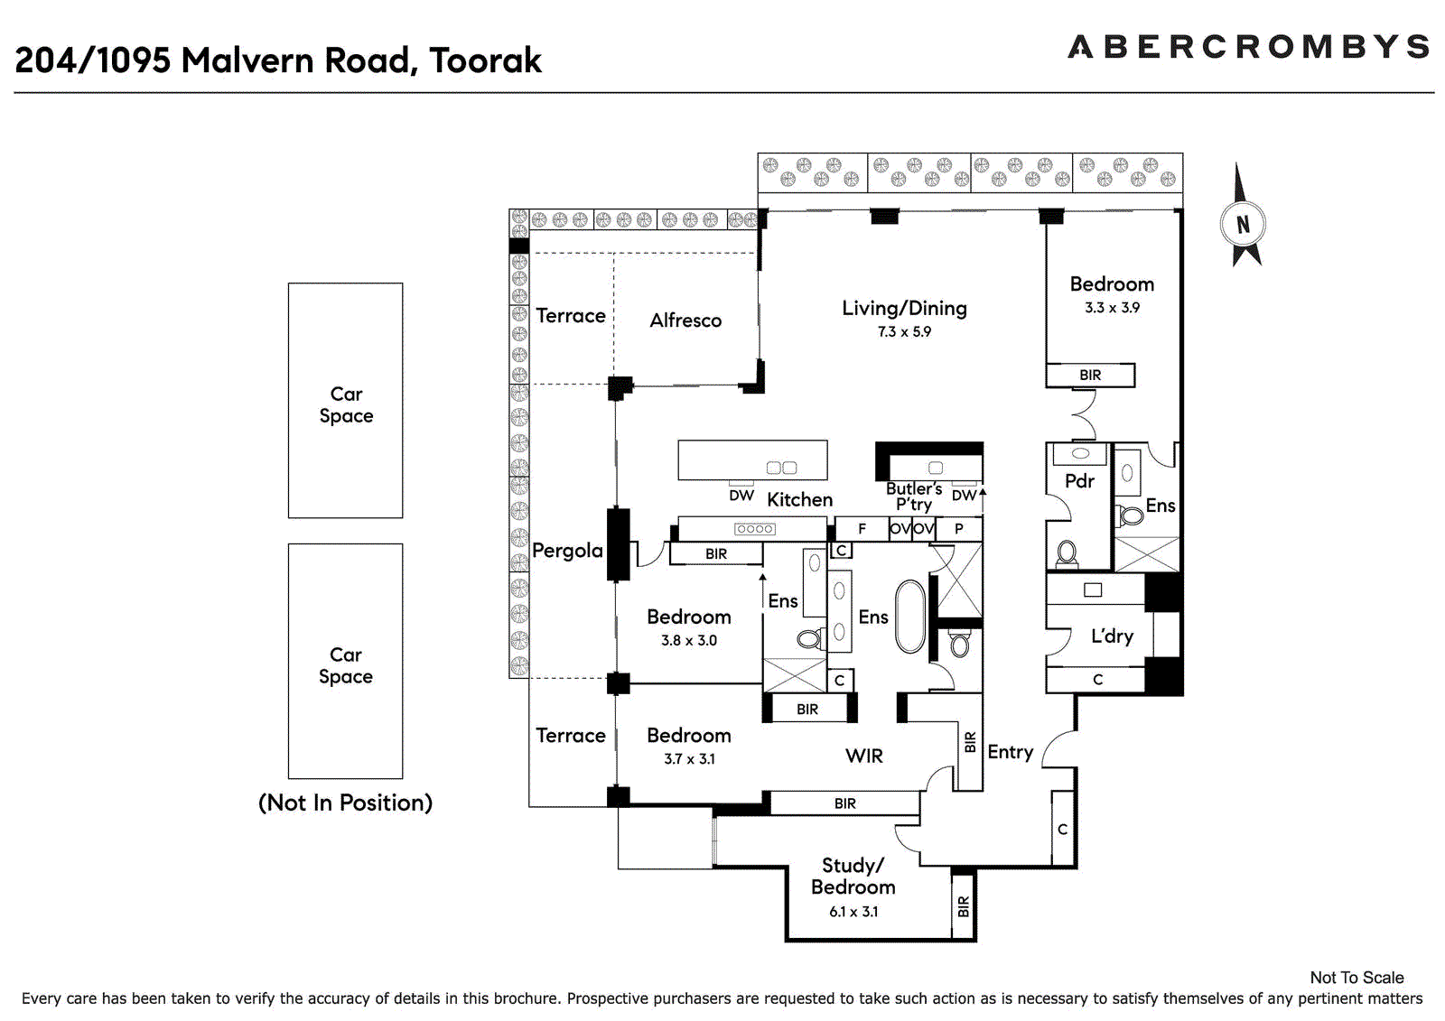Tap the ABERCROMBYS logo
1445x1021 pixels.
1248,47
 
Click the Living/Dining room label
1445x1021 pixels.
904,309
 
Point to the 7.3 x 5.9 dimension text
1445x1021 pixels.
904,332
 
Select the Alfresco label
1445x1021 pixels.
685,320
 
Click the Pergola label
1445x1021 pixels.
567,551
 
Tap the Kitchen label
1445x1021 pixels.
799,500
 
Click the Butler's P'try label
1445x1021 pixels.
914,497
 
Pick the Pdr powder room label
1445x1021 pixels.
1079,481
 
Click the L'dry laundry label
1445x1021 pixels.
1112,636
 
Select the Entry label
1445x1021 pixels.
1010,752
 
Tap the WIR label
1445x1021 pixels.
864,756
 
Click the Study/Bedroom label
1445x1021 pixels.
853,877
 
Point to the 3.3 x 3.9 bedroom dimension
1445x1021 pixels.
1112,308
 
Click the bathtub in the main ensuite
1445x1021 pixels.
910,617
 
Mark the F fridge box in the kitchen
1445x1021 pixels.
862,529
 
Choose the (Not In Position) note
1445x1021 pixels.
345,803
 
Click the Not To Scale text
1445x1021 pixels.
1356,978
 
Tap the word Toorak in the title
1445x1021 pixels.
485,60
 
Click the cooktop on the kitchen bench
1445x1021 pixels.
754,529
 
